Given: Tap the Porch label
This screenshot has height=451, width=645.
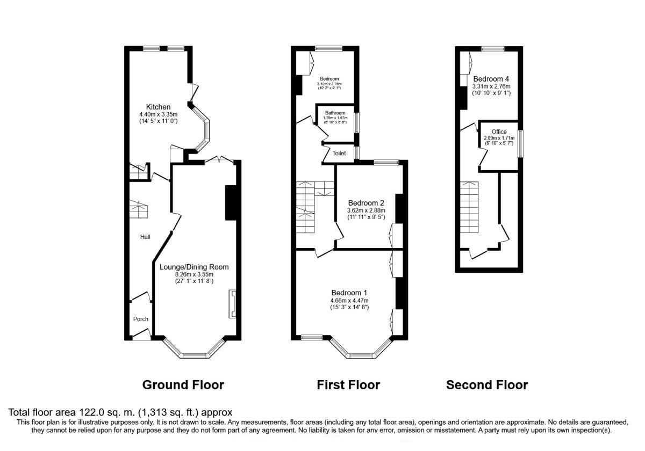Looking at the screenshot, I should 141,319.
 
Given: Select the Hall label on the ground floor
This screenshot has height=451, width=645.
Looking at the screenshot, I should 145,237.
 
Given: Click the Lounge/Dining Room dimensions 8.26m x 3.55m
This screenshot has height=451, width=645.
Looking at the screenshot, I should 194,274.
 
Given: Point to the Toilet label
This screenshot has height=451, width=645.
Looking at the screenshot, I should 339,154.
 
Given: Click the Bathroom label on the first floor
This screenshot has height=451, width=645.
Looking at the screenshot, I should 334,113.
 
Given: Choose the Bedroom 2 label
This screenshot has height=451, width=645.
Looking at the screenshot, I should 365,203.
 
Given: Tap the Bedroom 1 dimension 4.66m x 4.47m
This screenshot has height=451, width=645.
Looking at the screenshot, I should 349,300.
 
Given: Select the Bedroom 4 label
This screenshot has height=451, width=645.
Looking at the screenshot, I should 491,79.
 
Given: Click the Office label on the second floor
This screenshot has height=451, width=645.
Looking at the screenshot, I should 499,132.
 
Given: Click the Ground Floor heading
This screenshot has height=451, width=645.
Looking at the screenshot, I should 183,385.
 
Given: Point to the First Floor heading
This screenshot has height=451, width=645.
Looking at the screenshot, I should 348,385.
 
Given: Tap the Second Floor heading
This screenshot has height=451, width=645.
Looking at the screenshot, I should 487,385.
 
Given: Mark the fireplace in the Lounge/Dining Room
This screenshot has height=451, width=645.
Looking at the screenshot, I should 232,304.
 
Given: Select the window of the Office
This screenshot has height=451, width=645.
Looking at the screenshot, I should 520,143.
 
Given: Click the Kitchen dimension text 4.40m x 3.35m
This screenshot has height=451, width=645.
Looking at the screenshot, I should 158,114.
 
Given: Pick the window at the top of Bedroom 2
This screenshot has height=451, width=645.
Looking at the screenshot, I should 386,162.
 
